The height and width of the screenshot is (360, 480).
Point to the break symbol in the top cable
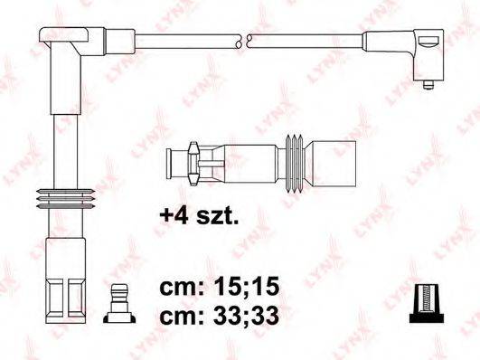(x=241, y=40)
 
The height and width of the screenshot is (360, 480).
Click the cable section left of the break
(x=185, y=40)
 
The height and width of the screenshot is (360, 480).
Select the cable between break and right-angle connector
(x=303, y=40)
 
